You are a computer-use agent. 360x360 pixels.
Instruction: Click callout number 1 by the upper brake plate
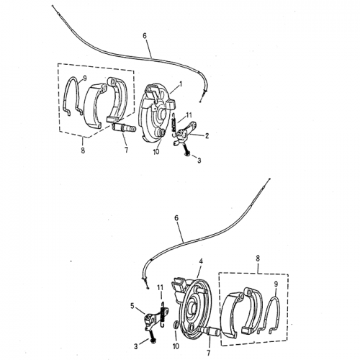tap(180, 84)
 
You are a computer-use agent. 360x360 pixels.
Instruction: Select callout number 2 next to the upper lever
tap(207, 135)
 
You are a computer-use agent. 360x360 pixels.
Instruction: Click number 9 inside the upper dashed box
tap(85, 78)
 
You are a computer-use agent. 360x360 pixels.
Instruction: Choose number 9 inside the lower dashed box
tap(274, 284)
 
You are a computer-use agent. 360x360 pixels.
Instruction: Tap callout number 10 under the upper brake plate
tap(156, 152)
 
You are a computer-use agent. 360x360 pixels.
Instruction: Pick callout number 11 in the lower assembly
tap(161, 288)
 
